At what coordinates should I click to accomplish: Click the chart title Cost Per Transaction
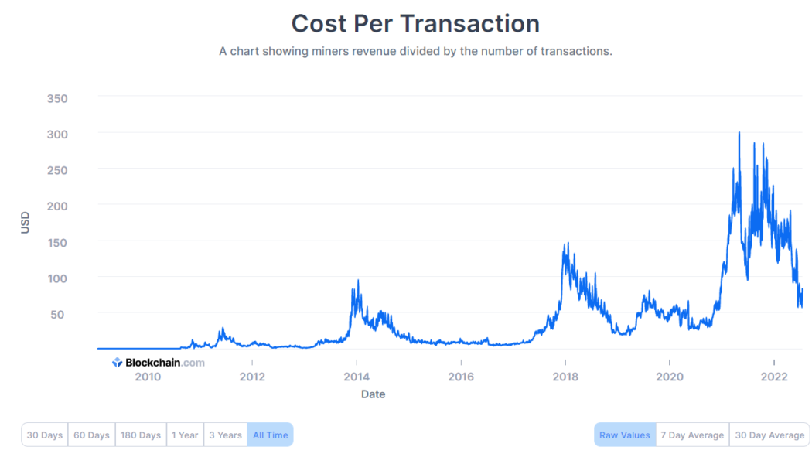pyautogui.click(x=415, y=23)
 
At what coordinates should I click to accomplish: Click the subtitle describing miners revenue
pyautogui.click(x=415, y=51)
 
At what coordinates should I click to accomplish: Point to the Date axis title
pyautogui.click(x=373, y=394)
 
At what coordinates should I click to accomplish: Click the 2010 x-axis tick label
pyautogui.click(x=148, y=377)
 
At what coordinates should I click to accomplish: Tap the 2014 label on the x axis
pyautogui.click(x=357, y=377)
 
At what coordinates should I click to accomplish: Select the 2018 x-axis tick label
pyautogui.click(x=565, y=377)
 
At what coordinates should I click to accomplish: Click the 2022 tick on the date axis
pyautogui.click(x=774, y=377)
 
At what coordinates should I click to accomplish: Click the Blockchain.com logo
pyautogui.click(x=159, y=362)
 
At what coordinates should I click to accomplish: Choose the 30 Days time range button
pyautogui.click(x=44, y=435)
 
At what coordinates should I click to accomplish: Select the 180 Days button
pyautogui.click(x=140, y=435)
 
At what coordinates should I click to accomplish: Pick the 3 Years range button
pyautogui.click(x=225, y=435)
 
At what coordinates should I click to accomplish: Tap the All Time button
pyautogui.click(x=270, y=435)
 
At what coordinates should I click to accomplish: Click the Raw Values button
pyautogui.click(x=624, y=435)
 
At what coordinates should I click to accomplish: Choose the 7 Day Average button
pyautogui.click(x=692, y=435)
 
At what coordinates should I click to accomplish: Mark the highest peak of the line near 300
pyautogui.click(x=739, y=133)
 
